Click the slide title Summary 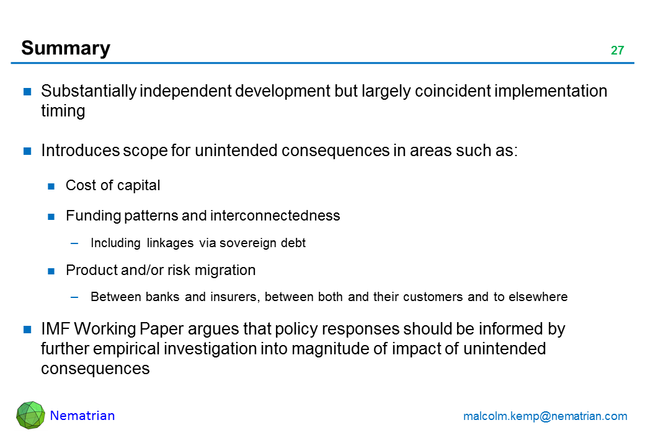point(66,49)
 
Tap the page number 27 point(617,51)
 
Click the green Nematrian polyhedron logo point(30,415)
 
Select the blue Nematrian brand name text point(82,416)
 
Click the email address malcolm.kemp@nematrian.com point(545,416)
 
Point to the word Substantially point(89,91)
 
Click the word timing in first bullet point(63,111)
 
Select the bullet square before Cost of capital point(51,186)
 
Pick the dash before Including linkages point(74,243)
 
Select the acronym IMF point(56,329)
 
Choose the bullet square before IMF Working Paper point(27,330)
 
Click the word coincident point(453,91)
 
